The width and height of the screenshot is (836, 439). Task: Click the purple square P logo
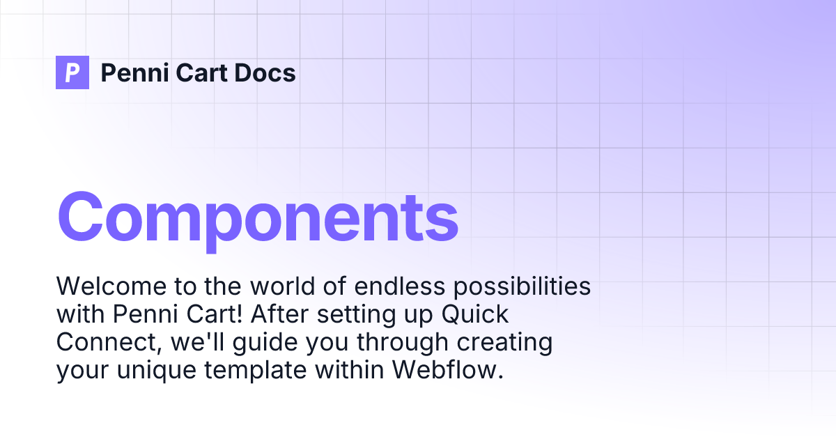coord(72,72)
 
